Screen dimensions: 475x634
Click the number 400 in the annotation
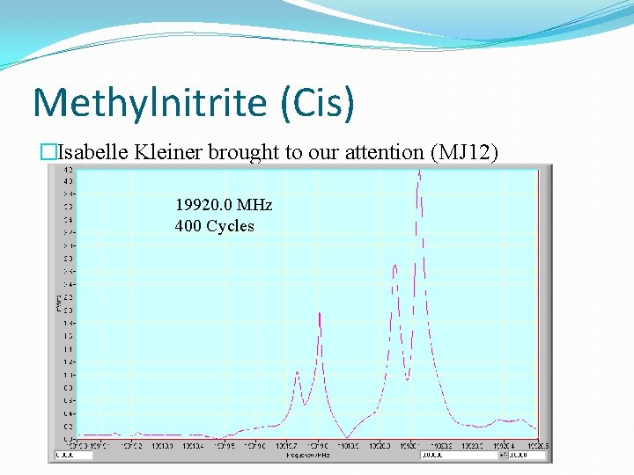click(x=188, y=226)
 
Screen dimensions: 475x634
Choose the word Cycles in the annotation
click(x=230, y=226)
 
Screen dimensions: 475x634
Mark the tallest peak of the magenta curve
click(x=419, y=172)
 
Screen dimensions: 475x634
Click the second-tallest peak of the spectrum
click(x=395, y=266)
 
